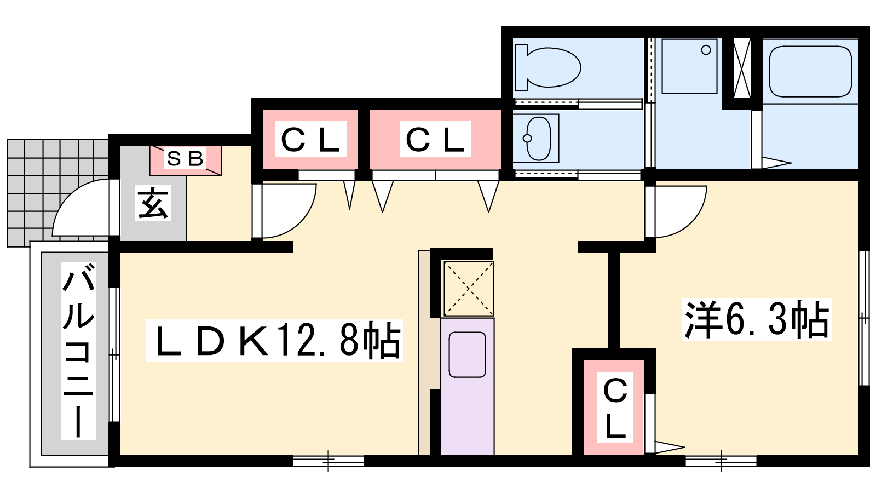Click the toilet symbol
[547, 67]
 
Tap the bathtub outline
[810, 71]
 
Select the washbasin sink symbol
[539, 138]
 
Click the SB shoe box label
[186, 158]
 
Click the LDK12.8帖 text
[274, 340]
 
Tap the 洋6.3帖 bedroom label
[756, 319]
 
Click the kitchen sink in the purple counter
[468, 354]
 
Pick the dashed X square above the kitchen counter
[469, 288]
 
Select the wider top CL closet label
[435, 139]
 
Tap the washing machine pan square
[689, 66]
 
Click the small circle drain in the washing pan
[706, 50]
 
